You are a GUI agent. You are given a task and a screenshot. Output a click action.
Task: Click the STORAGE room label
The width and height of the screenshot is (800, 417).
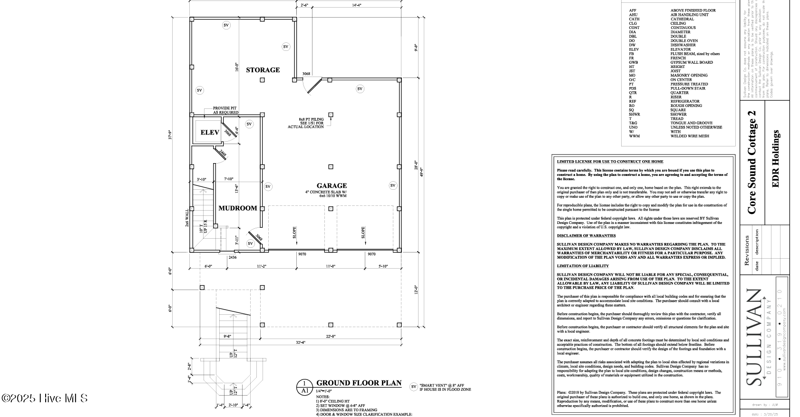click(263, 70)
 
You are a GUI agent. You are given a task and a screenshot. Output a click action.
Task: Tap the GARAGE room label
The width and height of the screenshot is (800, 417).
click(332, 185)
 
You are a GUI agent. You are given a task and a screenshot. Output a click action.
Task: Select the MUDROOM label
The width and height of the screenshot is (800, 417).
click(237, 208)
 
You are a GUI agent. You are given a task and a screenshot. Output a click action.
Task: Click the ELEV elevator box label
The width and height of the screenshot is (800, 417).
click(209, 132)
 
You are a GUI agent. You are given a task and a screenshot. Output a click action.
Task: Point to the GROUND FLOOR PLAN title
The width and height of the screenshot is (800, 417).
click(359, 383)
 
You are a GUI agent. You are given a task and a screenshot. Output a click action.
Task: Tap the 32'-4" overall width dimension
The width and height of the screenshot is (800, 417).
click(300, 342)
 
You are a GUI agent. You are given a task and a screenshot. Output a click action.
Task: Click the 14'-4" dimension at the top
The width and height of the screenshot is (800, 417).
click(357, 5)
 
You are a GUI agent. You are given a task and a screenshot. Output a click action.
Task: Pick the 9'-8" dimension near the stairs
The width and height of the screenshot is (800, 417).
click(227, 336)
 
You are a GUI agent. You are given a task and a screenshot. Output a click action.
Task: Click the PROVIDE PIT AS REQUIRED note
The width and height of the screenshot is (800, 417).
click(225, 110)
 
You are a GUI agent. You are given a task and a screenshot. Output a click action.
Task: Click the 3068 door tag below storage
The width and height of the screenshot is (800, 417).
click(306, 74)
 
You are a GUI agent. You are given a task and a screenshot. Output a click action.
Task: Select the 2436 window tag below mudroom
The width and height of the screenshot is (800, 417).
click(232, 257)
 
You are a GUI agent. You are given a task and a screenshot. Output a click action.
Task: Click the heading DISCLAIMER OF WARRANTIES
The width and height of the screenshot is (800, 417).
click(586, 236)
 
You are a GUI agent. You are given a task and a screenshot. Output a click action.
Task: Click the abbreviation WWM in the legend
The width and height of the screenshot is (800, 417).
click(635, 136)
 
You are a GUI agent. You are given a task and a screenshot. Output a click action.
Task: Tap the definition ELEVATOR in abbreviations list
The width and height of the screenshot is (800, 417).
click(681, 49)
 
